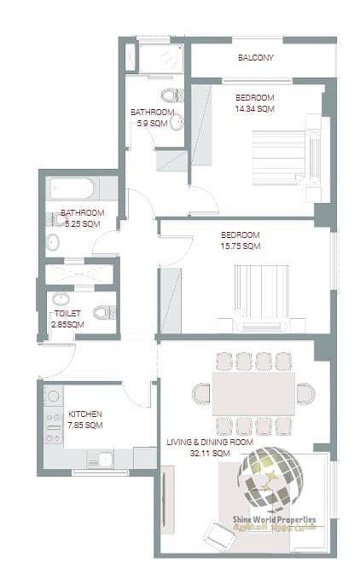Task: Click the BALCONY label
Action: [x=256, y=58]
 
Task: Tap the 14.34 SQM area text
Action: [x=255, y=109]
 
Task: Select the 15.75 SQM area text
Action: [x=241, y=246]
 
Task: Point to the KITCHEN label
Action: [x=85, y=414]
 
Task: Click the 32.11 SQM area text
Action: [x=210, y=453]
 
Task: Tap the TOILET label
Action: [x=67, y=314]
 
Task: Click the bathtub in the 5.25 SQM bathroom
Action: [x=73, y=188]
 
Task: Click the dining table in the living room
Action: [x=253, y=394]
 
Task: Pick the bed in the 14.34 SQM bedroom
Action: [x=287, y=158]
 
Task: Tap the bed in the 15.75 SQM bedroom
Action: [x=262, y=298]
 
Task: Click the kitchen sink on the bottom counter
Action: [x=104, y=459]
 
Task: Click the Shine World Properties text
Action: [x=274, y=519]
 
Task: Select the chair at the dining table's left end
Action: [x=201, y=394]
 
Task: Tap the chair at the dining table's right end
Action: [x=305, y=394]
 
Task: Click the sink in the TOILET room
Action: [x=61, y=298]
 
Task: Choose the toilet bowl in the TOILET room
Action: [x=104, y=313]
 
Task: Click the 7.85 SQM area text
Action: [x=85, y=425]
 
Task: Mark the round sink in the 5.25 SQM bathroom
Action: [x=53, y=242]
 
